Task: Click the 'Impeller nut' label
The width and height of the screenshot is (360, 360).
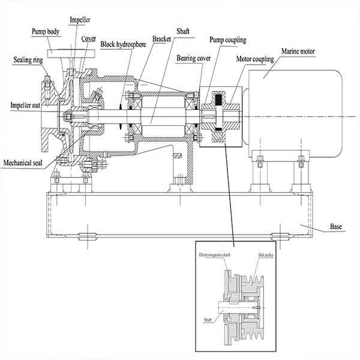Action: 25,105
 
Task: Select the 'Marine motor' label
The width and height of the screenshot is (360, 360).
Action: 295,52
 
